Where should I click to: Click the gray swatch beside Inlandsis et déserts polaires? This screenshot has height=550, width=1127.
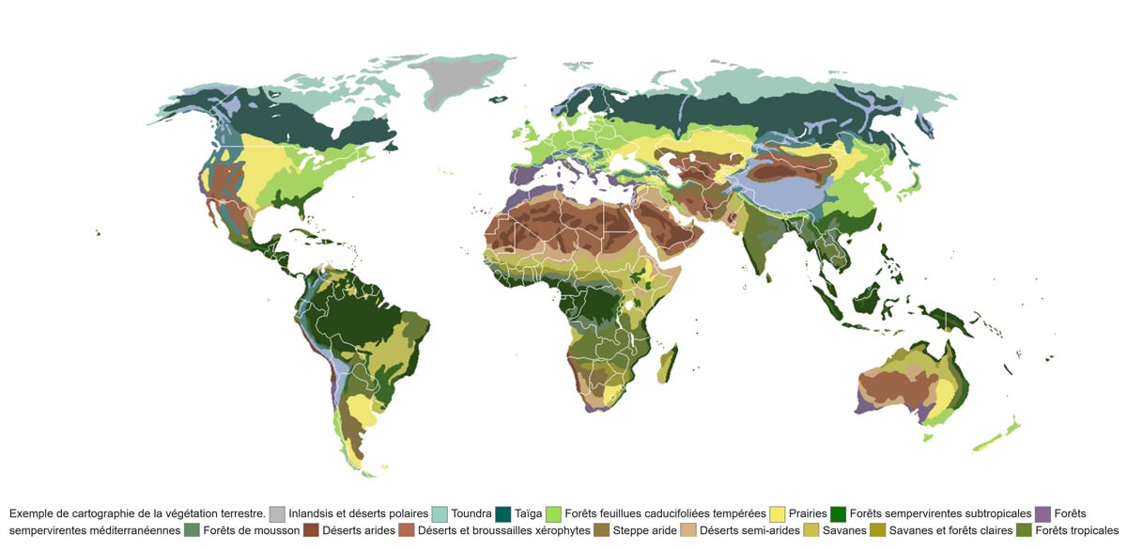click(277, 514)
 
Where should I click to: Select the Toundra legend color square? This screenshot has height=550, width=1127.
click(440, 514)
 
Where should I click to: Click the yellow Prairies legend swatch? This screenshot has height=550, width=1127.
click(778, 514)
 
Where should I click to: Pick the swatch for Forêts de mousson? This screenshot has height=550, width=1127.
click(192, 531)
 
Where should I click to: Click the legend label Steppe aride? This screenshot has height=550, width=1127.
click(644, 531)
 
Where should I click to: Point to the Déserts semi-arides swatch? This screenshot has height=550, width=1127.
click(688, 531)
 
